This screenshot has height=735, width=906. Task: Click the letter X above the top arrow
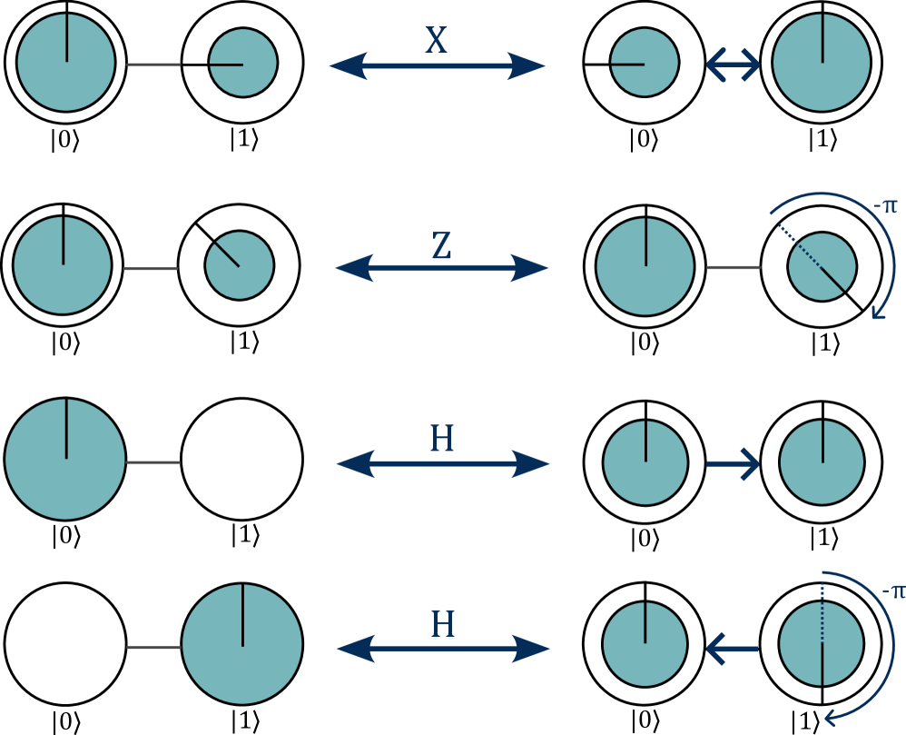437,41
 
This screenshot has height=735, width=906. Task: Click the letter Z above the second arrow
441,246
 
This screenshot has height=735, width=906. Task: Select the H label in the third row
442,440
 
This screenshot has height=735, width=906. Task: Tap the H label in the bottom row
442,625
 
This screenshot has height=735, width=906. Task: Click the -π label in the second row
885,206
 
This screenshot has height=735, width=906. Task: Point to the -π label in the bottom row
893,591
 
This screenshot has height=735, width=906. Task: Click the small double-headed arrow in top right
734,65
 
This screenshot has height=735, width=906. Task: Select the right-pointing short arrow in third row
734,463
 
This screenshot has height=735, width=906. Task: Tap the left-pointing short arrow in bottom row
732,649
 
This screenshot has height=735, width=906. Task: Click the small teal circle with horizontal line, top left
242,63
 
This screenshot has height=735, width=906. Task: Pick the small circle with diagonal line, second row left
240,265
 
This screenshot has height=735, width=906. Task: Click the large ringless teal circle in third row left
65,460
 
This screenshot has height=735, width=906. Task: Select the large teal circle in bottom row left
242,644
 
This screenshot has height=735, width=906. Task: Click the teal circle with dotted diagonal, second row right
822,267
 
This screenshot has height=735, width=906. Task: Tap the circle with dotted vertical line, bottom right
822,644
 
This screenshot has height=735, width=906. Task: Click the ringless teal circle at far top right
822,63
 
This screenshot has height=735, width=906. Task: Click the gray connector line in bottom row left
154,647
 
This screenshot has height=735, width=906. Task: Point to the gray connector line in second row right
734,268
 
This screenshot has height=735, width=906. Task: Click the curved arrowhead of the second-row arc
878,313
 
